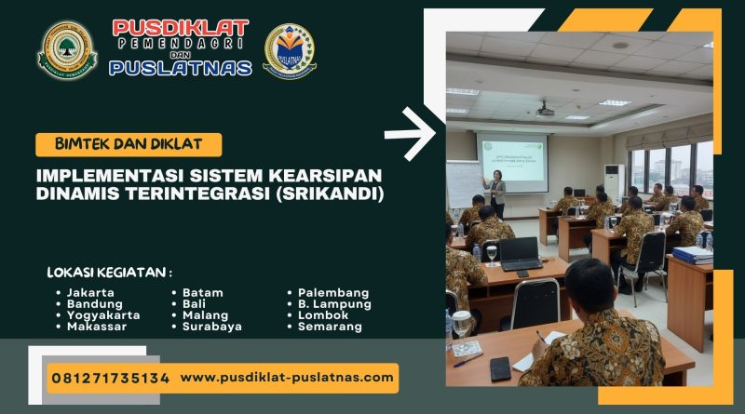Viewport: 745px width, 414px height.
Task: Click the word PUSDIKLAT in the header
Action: tap(181, 28)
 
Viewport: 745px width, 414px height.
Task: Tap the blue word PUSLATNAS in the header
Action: tap(181, 67)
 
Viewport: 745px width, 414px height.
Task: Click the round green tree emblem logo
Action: tap(67, 49)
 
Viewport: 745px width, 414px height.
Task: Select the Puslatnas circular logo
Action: tap(290, 49)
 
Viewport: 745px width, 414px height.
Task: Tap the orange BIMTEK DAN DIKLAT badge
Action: tap(129, 144)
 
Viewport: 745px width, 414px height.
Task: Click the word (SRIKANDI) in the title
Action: tap(330, 194)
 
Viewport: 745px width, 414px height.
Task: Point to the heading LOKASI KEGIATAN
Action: tap(110, 273)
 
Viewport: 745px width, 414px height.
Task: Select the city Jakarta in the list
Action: tap(90, 292)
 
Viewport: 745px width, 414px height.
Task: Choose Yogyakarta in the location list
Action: tap(103, 314)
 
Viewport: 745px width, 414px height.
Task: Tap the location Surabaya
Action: tap(212, 327)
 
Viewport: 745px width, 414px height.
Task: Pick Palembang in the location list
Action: tap(333, 292)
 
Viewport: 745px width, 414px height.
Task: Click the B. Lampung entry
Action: tap(334, 303)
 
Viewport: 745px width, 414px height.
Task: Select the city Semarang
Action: tap(330, 327)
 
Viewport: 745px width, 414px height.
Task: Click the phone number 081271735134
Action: tap(110, 378)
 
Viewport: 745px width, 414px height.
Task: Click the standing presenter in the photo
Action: tap(496, 192)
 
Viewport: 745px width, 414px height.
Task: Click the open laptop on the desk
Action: tap(520, 252)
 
